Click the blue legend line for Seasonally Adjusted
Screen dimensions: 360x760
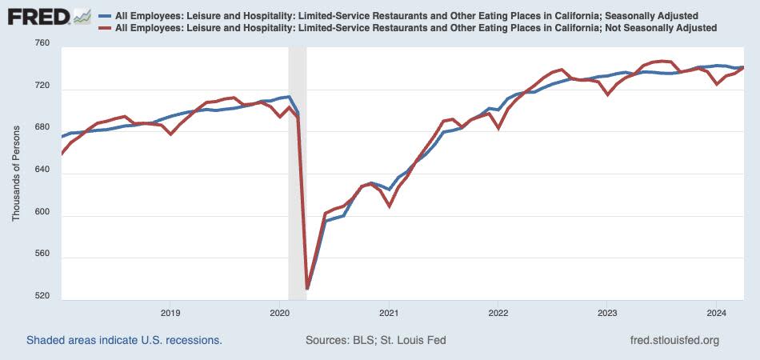tap(104, 16)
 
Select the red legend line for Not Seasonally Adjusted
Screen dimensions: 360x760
tap(104, 28)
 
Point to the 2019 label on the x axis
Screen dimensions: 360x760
tap(170, 313)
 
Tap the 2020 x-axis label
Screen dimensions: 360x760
tap(279, 313)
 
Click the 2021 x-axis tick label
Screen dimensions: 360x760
tap(388, 313)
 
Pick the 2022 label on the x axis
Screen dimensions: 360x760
tap(498, 313)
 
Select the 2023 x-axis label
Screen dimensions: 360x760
tap(606, 313)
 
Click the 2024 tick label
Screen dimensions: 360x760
tap(715, 313)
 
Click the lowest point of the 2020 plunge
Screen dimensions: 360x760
tap(307, 288)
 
